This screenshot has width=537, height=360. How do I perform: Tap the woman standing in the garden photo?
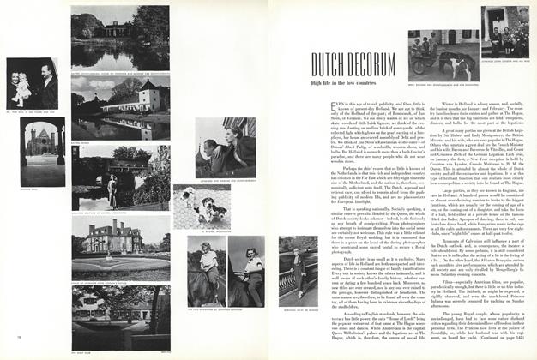coord(112,190)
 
